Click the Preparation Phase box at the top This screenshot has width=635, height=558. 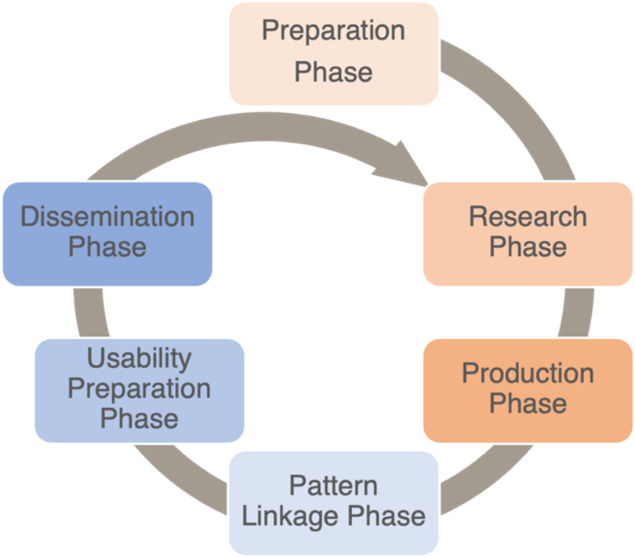[x=334, y=53]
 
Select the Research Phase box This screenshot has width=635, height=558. [x=528, y=234]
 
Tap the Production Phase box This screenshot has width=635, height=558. [x=528, y=391]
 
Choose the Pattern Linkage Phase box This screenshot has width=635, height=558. [x=334, y=503]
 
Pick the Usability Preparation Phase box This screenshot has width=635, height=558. [x=140, y=391]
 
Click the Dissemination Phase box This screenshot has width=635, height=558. [x=107, y=234]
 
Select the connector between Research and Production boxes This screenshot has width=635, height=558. [x=577, y=312]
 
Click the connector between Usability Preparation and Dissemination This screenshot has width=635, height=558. [x=90, y=312]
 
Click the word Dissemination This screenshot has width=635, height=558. [x=107, y=217]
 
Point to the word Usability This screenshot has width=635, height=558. [x=140, y=359]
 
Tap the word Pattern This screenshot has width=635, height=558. [x=333, y=486]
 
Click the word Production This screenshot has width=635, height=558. [x=528, y=373]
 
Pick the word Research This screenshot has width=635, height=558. [x=528, y=217]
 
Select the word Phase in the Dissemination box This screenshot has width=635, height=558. [x=107, y=247]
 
